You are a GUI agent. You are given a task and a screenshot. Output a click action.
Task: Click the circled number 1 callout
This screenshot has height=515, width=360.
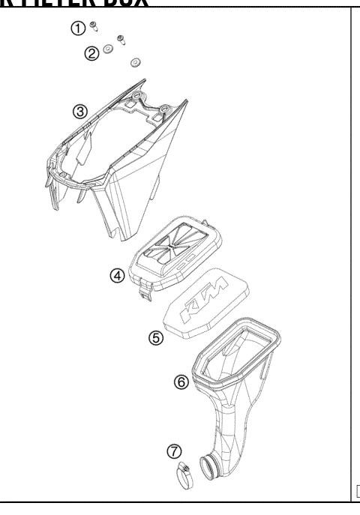pyautogui.click(x=77, y=28)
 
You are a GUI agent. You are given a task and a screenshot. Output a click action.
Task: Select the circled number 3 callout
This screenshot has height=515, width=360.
pyautogui.click(x=80, y=112)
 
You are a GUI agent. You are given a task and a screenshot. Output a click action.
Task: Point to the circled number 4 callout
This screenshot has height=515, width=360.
pyautogui.click(x=117, y=275)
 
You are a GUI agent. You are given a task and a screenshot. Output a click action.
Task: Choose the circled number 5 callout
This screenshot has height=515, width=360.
pyautogui.click(x=155, y=338)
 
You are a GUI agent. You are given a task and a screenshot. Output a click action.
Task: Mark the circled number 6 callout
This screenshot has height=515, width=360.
pyautogui.click(x=181, y=382)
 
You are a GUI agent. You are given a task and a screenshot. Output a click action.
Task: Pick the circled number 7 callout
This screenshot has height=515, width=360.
pyautogui.click(x=174, y=451)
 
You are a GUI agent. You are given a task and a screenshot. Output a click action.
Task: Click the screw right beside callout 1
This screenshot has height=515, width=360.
pyautogui.click(x=93, y=26)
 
